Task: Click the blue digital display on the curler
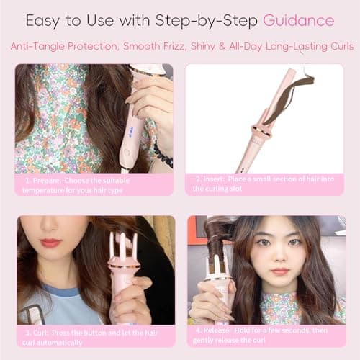(x=133, y=132)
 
